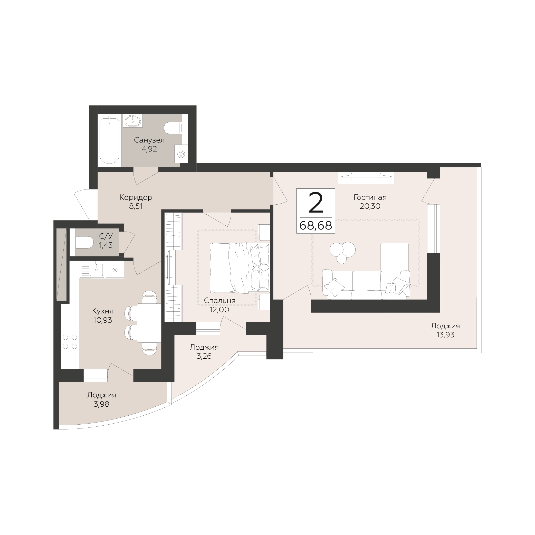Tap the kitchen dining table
tap(149, 323)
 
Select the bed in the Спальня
tap(240, 267)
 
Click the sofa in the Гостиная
tap(366, 285)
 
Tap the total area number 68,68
tap(316, 226)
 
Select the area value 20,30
tap(370, 206)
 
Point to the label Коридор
tap(136, 197)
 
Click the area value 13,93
tap(445, 335)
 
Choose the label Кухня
tap(103, 311)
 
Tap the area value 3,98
tap(102, 404)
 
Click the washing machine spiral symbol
tap(181, 154)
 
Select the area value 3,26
tap(204, 356)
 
